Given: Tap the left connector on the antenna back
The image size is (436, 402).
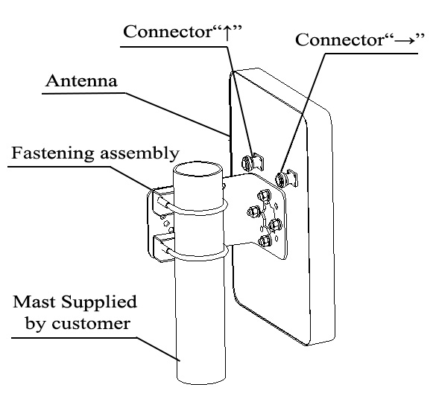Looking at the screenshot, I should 252,160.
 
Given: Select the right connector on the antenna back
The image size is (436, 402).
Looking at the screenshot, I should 282,178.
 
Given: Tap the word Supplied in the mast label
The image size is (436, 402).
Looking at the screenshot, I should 98,304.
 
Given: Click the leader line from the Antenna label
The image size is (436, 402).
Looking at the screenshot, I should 179,112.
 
